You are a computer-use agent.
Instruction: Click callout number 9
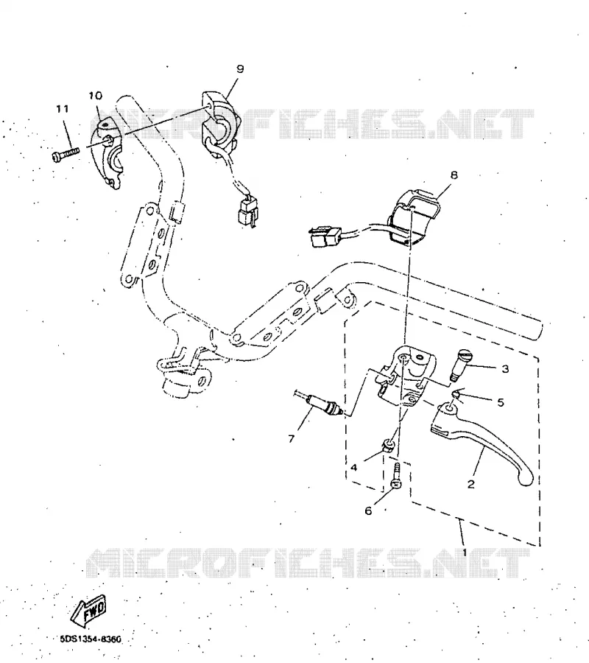240,69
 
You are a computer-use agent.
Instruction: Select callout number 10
96,96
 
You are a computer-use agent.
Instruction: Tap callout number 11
63,109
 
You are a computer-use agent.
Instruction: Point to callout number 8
454,175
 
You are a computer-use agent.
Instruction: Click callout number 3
505,369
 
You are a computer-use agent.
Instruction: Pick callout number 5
501,402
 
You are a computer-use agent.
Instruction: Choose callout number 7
291,439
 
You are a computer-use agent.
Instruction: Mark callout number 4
354,468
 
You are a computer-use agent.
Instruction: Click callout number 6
368,511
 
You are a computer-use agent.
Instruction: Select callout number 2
471,484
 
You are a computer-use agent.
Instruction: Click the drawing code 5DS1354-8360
89,639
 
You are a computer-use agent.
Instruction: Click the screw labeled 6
396,477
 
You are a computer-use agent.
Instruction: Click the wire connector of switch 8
325,238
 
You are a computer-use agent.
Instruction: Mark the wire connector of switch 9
247,211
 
